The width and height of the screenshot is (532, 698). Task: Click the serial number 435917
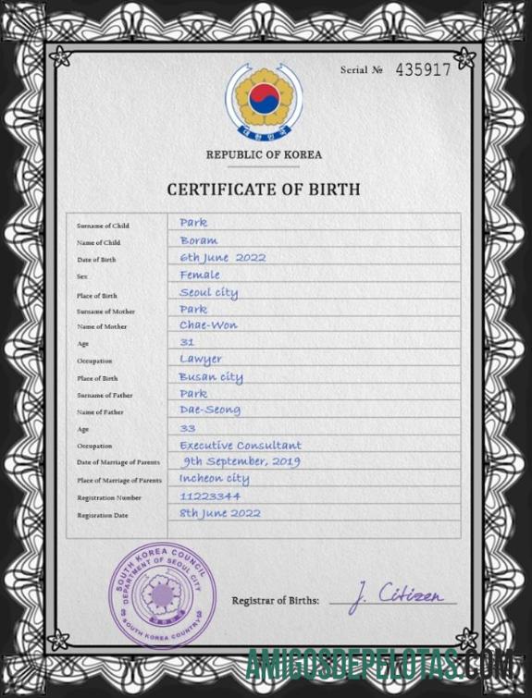tap(423, 69)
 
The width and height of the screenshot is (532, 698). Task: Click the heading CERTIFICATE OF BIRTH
tap(264, 190)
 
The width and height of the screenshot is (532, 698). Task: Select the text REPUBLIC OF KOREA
tap(264, 154)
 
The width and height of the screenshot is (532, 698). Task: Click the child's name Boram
tap(198, 240)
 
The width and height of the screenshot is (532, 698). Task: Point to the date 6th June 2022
tap(222, 258)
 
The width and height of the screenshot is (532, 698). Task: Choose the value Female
tap(200, 275)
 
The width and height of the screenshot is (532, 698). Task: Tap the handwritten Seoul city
tap(208, 292)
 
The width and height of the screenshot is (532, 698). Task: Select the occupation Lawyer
tap(200, 360)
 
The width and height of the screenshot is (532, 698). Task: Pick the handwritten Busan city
tap(210, 377)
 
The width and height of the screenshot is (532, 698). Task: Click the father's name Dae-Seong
tap(209, 410)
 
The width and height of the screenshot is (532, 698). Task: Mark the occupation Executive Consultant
tap(241, 445)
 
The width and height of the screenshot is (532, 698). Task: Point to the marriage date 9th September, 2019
tap(241, 461)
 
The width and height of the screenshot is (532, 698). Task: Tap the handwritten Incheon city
tap(214, 479)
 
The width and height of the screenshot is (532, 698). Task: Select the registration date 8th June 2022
tap(219, 513)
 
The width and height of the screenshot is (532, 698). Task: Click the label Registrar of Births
tap(275, 601)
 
